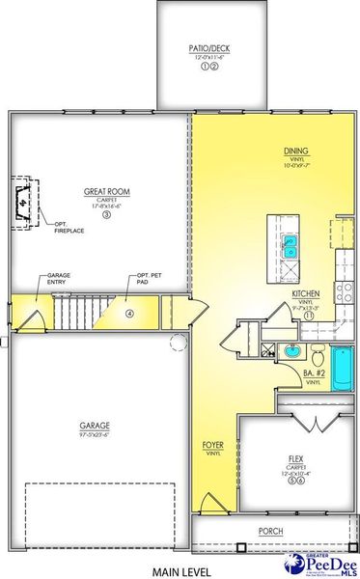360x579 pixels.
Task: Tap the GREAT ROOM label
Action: (107, 191)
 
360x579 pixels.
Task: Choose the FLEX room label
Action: (295, 458)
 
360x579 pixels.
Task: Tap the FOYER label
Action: (213, 445)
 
